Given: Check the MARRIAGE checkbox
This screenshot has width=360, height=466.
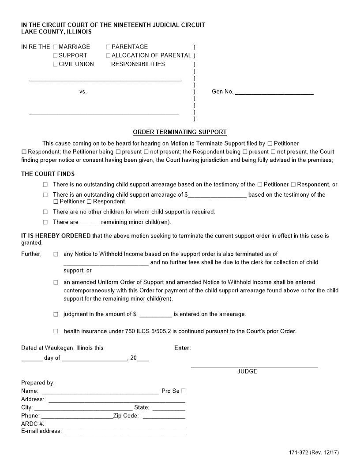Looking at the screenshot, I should (x=56, y=47).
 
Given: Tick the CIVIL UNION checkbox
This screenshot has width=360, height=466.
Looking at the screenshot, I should (x=56, y=64).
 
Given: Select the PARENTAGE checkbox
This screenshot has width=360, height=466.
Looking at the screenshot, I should (x=109, y=47).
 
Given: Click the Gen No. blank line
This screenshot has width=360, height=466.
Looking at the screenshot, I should (x=274, y=93).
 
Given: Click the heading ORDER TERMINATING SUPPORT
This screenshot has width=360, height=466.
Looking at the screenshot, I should (x=180, y=132).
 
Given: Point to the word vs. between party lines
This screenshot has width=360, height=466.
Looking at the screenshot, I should (x=83, y=92).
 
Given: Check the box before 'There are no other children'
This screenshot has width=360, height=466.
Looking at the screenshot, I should (x=45, y=212).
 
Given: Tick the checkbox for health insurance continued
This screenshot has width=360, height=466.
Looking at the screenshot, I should (x=56, y=331).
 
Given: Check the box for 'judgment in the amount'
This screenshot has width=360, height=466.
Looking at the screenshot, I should (x=56, y=314).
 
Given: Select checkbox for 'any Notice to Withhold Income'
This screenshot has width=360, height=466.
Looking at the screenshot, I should (x=56, y=254).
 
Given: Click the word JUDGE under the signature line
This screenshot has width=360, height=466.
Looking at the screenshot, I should (x=247, y=372).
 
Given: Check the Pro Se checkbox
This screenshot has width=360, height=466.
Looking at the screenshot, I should (x=184, y=391).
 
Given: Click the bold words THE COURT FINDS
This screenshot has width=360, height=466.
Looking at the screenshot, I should (x=48, y=174).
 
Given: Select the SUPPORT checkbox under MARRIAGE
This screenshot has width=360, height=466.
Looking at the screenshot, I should (x=56, y=56).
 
